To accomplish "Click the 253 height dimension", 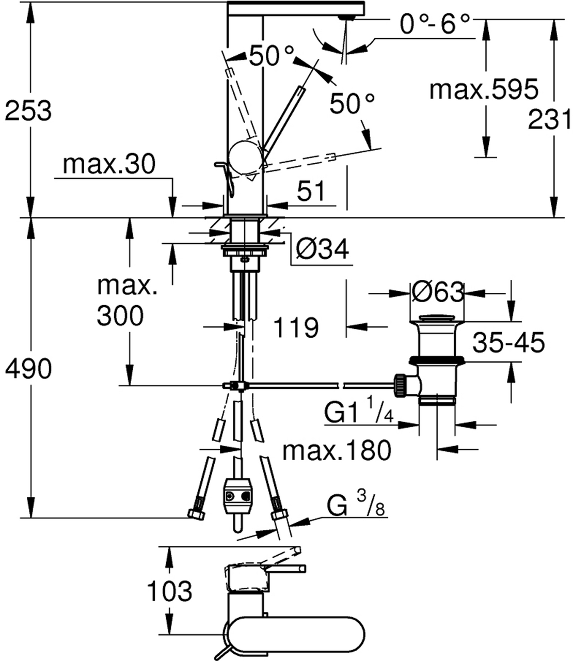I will [28, 111].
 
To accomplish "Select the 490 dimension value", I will [28, 370].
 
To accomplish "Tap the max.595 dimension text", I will [484, 90].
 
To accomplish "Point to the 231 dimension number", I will [550, 120].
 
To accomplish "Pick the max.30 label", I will [109, 165].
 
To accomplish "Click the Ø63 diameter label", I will [438, 293].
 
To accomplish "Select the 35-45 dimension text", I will [509, 342].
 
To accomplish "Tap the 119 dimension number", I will [295, 327].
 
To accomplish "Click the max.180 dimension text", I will [337, 451].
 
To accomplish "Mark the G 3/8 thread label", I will [356, 506].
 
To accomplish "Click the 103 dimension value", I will [169, 590].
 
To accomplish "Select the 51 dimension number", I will [311, 192].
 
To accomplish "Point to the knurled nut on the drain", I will [400, 385].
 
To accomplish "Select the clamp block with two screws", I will [237, 496].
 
